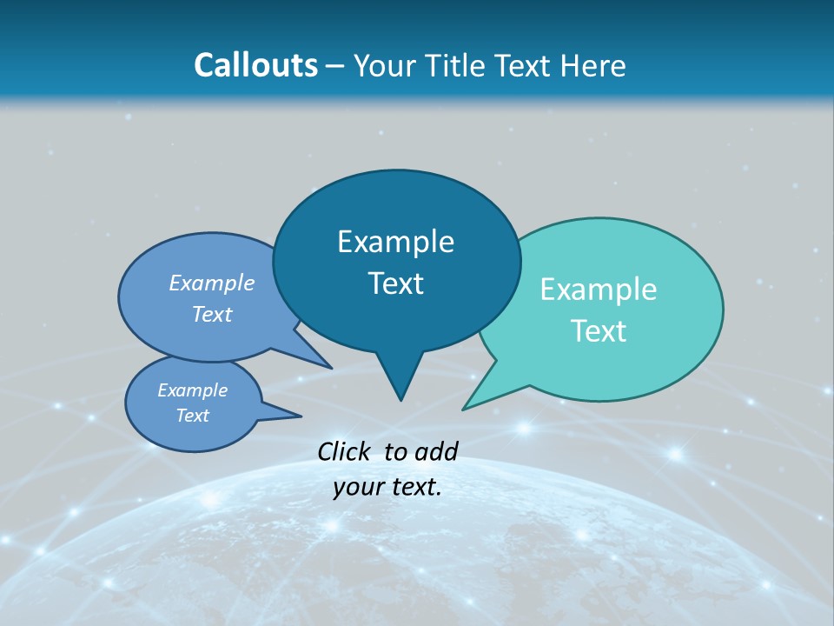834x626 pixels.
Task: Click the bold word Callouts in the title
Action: tap(255, 65)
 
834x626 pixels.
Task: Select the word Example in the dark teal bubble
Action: tap(395, 242)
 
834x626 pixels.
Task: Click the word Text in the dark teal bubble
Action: tap(395, 283)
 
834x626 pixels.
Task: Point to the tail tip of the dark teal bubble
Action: tap(400, 400)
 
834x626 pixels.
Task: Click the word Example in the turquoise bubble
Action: tap(599, 290)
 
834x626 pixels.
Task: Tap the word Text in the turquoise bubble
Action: tap(599, 331)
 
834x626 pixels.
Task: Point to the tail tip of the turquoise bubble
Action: tap(463, 409)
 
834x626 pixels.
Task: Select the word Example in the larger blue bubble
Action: tap(212, 283)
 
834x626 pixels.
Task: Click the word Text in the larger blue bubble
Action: tap(212, 314)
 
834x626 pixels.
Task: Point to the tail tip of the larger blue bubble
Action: tap(332, 368)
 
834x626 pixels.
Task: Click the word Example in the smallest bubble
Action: tap(192, 390)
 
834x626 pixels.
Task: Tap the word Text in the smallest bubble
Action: tap(192, 416)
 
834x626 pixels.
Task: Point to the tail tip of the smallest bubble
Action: tap(301, 416)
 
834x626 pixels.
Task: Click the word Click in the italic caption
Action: tap(345, 451)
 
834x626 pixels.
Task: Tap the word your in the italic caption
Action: tap(357, 488)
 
